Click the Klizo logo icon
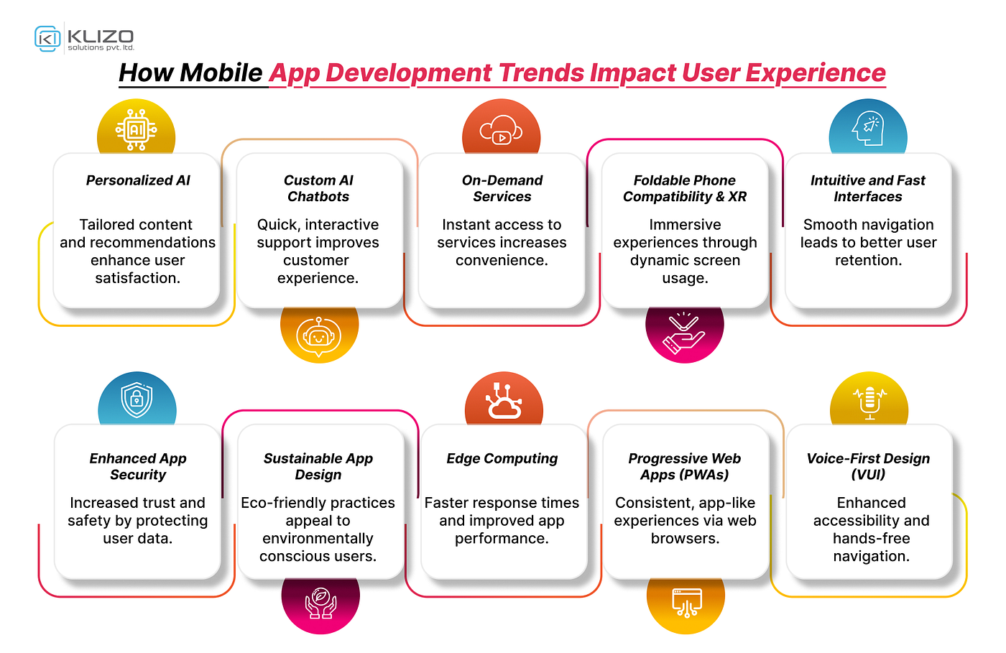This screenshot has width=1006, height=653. tap(47, 39)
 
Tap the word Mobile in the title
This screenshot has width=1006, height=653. tap(221, 73)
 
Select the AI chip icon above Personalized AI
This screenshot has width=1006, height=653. tap(136, 130)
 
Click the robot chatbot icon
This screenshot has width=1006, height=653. tap(319, 336)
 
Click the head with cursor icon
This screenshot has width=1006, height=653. tap(868, 129)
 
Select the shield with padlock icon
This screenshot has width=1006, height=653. tap(137, 400)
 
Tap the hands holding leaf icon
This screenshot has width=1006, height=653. tap(320, 603)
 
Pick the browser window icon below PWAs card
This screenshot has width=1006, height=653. tap(686, 603)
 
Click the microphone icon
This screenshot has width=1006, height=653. tap(869, 403)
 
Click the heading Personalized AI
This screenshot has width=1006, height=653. tap(138, 180)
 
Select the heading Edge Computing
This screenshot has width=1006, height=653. tap(502, 458)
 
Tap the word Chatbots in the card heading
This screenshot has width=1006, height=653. tap(318, 197)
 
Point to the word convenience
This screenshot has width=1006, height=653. tap(502, 261)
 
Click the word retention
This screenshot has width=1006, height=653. tap(868, 261)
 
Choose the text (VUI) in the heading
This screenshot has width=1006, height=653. tap(868, 475)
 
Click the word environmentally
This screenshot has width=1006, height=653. tap(318, 539)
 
